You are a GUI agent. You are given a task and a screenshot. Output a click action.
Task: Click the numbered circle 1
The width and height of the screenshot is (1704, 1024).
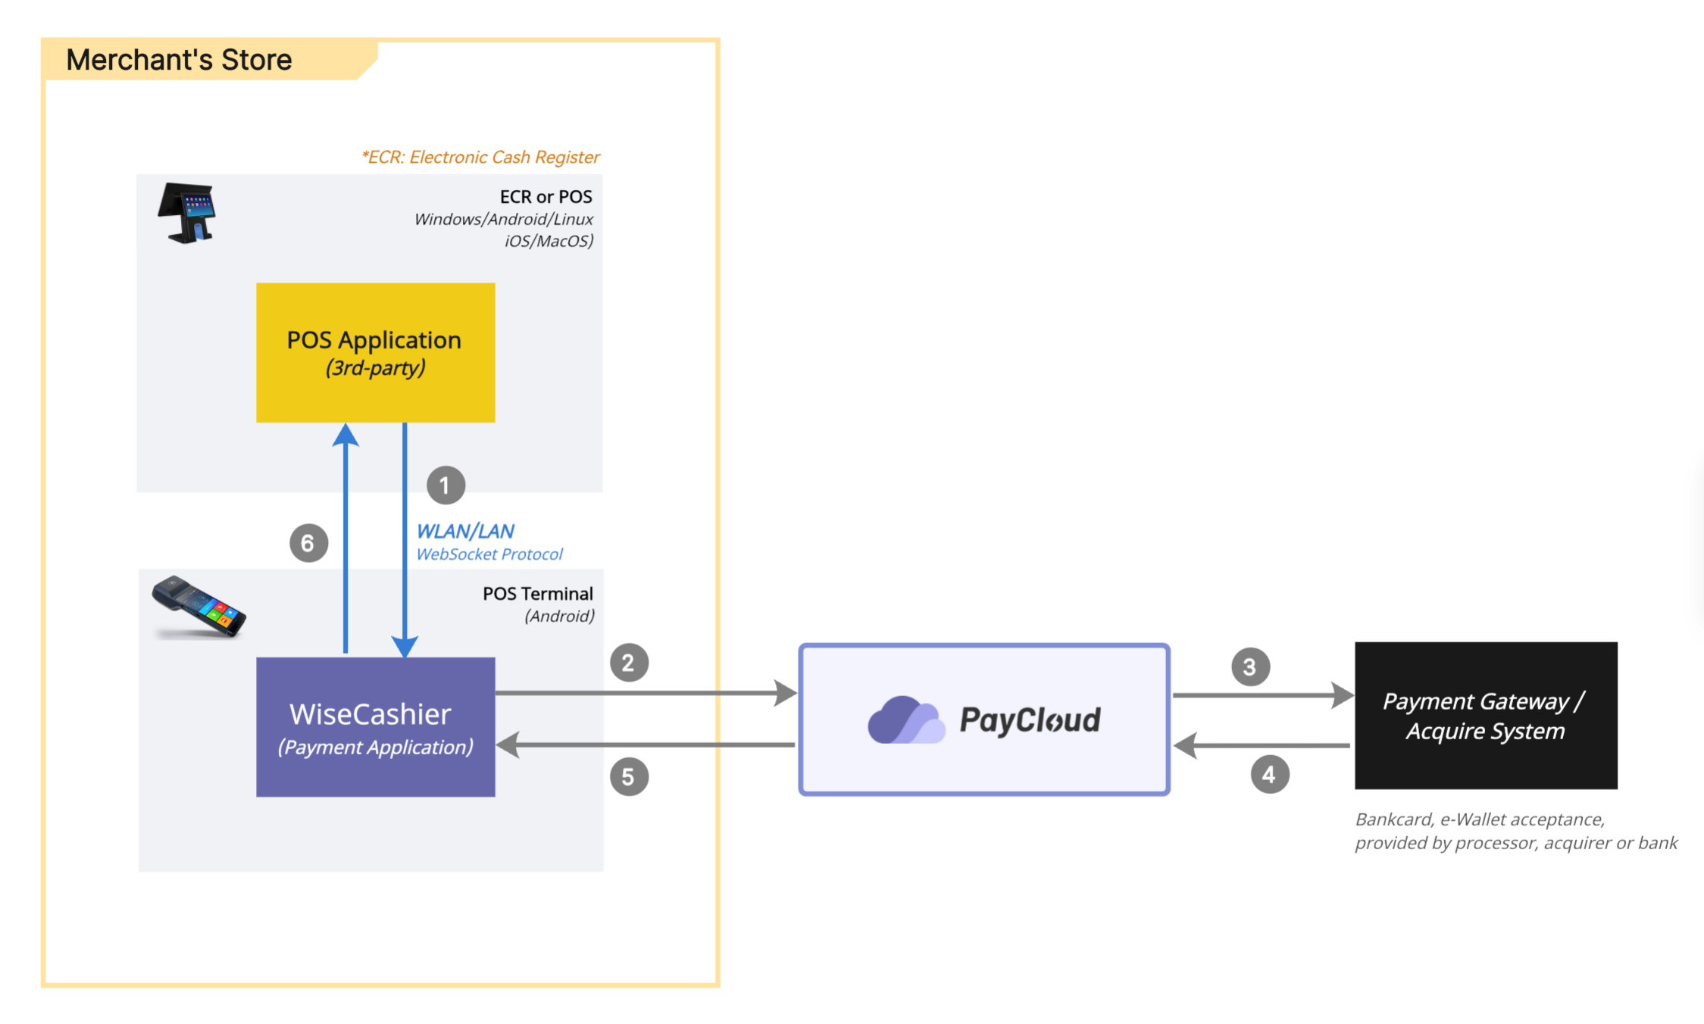[x=446, y=485]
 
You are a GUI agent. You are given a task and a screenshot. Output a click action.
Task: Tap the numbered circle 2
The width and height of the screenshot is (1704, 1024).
[x=629, y=663]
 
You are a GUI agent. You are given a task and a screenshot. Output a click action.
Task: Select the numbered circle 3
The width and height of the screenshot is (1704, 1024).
[x=1250, y=667]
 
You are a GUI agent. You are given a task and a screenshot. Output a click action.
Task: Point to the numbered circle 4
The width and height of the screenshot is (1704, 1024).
[x=1270, y=774]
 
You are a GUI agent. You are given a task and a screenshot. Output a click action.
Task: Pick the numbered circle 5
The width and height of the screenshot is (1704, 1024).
[x=629, y=776]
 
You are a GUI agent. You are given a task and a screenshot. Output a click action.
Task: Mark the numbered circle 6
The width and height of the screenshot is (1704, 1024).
[x=308, y=543]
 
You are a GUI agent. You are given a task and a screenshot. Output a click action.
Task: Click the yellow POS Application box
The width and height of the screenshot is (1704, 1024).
[x=376, y=352]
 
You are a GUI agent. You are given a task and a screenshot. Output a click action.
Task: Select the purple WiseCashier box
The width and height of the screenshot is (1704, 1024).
[x=376, y=727]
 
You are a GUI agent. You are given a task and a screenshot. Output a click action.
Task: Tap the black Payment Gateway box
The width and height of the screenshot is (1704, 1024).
[x=1486, y=716]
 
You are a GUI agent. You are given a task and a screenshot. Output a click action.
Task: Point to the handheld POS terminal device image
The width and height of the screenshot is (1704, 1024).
[x=199, y=607]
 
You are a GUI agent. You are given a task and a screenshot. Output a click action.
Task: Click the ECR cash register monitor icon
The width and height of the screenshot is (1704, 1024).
[x=187, y=213]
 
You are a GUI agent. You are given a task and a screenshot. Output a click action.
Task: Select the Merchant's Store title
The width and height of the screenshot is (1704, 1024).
[x=179, y=60]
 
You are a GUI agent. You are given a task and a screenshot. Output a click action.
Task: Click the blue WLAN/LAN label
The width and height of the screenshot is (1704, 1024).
[x=465, y=531]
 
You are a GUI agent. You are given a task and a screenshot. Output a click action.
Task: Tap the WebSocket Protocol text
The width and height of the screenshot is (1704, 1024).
[x=489, y=554]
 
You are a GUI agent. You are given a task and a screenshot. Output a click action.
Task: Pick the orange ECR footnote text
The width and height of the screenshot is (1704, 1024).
[x=480, y=158]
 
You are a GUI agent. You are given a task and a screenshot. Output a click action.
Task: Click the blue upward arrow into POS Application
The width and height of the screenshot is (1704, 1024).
[x=345, y=538]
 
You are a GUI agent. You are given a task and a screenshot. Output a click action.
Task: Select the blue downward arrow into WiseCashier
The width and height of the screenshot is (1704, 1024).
[x=405, y=540]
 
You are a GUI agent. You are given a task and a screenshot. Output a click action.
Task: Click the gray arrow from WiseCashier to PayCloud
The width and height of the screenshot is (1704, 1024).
[x=646, y=692]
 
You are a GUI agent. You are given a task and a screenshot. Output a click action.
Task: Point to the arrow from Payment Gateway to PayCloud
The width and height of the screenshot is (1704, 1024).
[x=1262, y=745]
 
